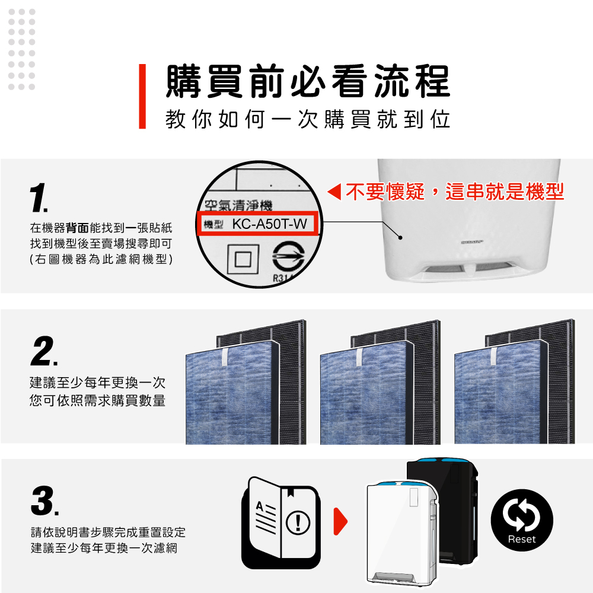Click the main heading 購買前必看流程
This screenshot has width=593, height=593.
click(308, 81)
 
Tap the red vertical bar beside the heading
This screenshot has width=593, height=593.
click(142, 97)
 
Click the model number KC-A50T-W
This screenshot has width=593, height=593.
click(269, 224)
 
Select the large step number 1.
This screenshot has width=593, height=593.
click(39, 197)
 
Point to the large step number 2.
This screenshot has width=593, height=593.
click(44, 351)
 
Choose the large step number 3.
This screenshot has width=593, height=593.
click(44, 500)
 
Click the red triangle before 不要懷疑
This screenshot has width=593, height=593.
click(334, 192)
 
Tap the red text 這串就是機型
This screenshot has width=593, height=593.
click(505, 192)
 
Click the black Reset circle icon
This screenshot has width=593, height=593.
click(522, 520)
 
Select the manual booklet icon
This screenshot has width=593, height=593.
click(280, 522)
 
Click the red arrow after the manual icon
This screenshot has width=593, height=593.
click(340, 521)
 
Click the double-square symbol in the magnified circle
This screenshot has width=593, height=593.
click(243, 260)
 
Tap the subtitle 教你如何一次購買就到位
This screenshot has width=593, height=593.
click(308, 120)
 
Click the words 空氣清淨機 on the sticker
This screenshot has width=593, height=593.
click(238, 205)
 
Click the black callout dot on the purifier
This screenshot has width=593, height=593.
click(400, 238)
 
